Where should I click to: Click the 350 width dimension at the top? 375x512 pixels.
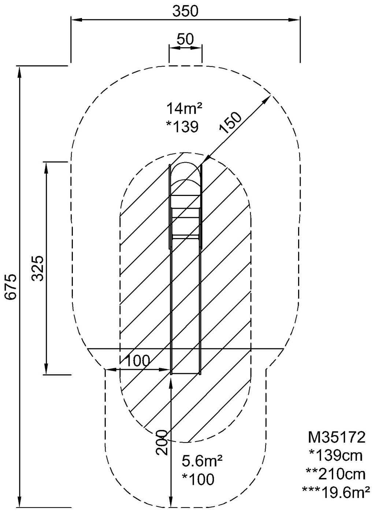pos(185,11)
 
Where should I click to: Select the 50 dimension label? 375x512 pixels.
pos(185,39)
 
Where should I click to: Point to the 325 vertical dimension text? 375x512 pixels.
pos(38,268)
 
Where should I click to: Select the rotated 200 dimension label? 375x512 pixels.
pos(161,442)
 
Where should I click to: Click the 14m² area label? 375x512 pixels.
pos(185,109)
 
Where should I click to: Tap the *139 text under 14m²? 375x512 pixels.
pos(182,127)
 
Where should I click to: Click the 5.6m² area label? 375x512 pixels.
pos(202,461)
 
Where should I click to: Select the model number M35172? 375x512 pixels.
pos(336,437)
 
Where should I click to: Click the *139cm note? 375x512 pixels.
pos(336,456)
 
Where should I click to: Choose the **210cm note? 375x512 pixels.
pos(336,474)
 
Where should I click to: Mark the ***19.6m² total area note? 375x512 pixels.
pos(336,493)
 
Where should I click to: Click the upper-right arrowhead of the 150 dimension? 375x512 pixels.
pos(268,98)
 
